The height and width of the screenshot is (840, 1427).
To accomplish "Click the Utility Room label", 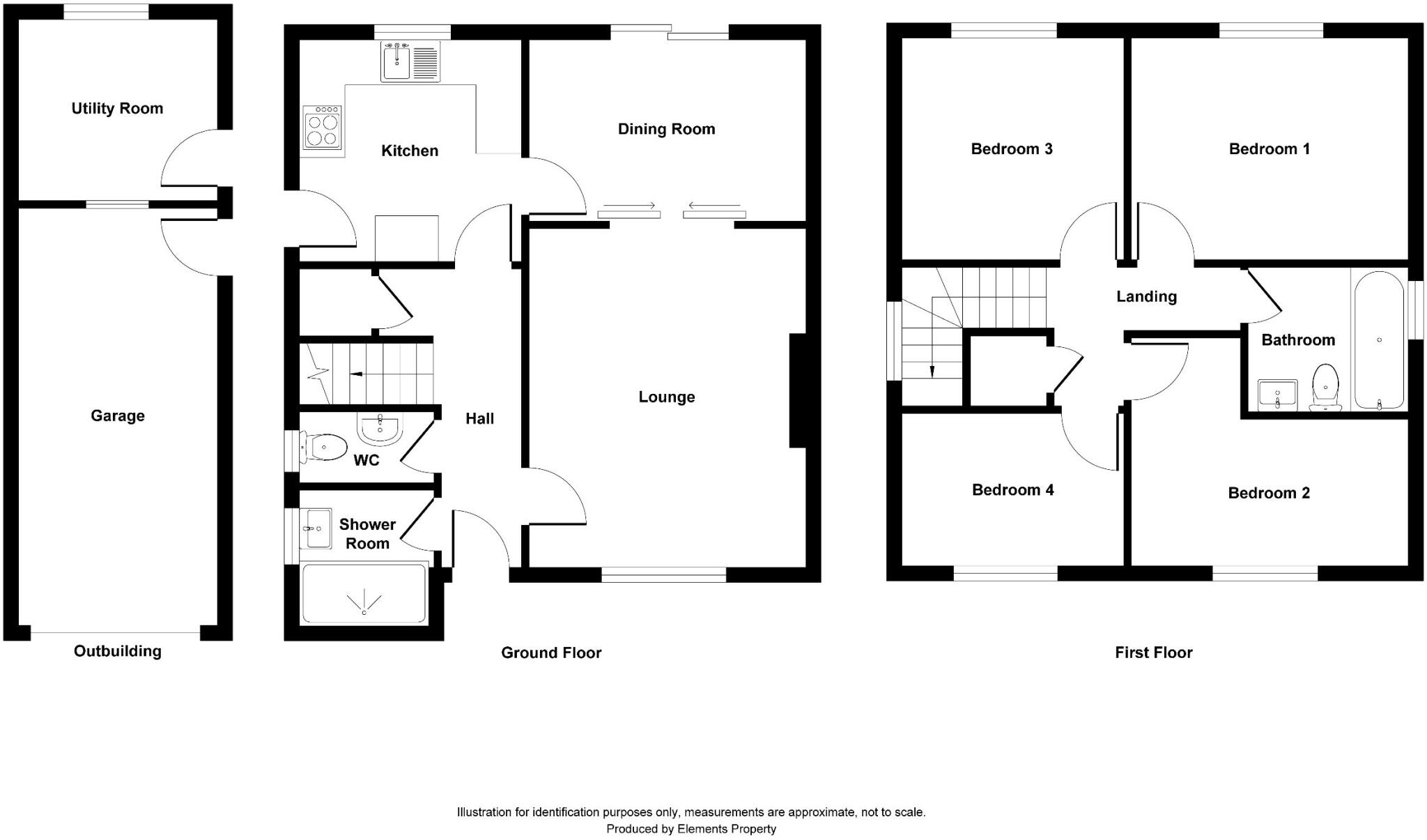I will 117,109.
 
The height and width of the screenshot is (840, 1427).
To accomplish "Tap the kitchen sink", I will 397,61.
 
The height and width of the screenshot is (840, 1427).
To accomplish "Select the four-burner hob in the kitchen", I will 323,128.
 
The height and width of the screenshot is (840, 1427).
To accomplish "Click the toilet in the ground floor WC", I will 324,447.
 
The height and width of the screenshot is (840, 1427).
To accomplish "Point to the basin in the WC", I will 380,427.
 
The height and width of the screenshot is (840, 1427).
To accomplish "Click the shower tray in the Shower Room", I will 363,593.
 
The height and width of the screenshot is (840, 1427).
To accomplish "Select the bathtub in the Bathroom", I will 1378,339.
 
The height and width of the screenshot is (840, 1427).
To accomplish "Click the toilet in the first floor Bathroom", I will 1325,388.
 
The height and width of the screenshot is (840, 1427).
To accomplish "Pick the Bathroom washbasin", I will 1277,395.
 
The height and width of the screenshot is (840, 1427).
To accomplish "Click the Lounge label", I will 667,397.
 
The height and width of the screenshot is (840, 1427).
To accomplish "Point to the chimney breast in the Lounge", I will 797,390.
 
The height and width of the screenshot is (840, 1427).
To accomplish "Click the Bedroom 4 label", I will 1012,490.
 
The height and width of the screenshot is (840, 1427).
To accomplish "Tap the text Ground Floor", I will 551,653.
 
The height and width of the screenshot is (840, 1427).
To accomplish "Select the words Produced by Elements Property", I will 691,829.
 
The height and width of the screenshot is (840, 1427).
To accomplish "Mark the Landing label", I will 1146,297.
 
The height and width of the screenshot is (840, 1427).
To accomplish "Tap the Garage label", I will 118,416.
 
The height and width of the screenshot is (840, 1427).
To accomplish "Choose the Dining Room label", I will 666,129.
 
